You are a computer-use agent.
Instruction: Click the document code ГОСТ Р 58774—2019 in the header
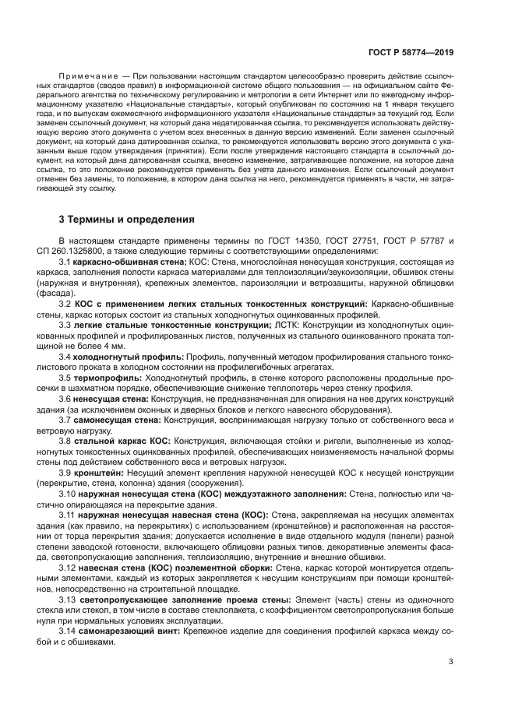(411, 53)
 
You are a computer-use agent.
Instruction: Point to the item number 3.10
(68, 494)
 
